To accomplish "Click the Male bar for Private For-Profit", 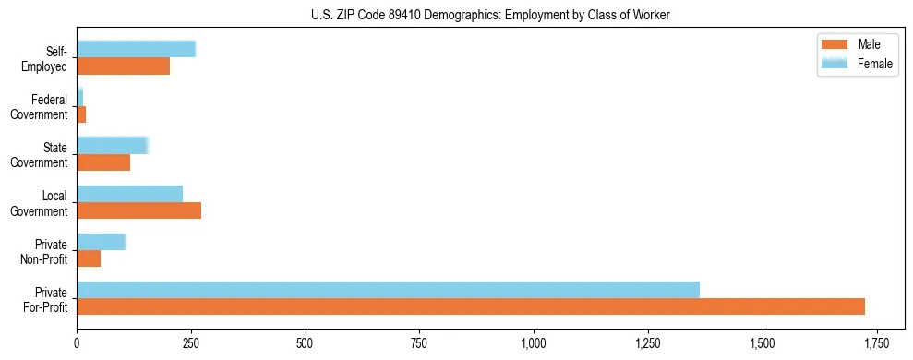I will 471,306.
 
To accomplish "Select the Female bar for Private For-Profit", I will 388,289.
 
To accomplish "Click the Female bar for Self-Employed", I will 136,49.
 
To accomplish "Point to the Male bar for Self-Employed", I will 123,66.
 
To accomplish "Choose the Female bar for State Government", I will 112,145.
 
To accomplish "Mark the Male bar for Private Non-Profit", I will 89,258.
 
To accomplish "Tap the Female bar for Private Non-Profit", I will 101,241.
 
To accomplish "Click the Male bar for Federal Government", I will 81,114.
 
